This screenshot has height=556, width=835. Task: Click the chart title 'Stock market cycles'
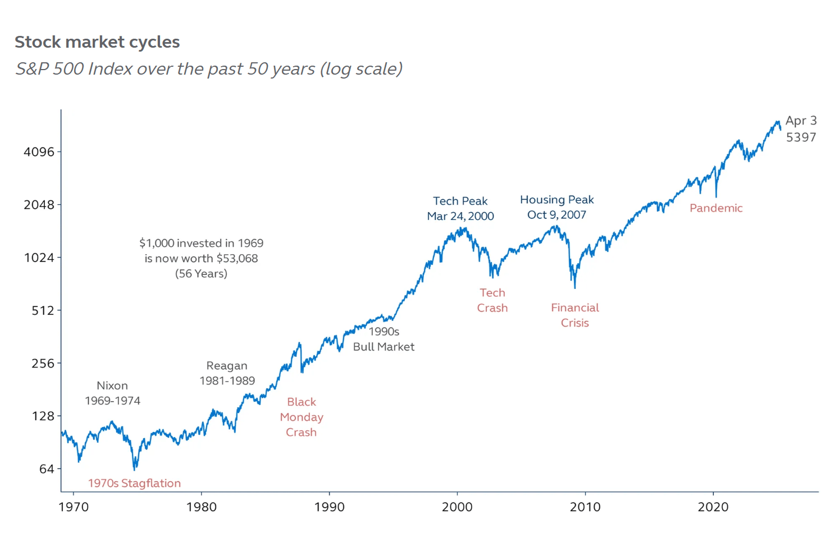coord(97,42)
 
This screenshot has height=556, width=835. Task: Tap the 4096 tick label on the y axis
coord(39,152)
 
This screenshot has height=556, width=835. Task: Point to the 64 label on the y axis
coord(47,469)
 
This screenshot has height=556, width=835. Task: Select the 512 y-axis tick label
coord(43,311)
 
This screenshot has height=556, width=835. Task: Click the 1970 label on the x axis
coord(74,507)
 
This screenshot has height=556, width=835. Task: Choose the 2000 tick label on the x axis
coord(457,507)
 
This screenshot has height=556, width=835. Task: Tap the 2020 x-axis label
coord(713,507)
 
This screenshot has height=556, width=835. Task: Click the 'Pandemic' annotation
coord(716,208)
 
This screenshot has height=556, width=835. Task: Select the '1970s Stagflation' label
coord(134,484)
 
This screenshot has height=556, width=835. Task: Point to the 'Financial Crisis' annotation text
coord(574,315)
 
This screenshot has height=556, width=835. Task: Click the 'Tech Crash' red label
coord(492,300)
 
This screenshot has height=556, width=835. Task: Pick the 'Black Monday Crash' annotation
coord(302,417)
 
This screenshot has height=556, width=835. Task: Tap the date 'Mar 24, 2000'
coord(460,217)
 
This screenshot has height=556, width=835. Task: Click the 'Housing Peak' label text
coord(556,200)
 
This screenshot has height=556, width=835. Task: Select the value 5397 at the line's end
coord(801,137)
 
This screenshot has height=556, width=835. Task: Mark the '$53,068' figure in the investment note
coord(237,259)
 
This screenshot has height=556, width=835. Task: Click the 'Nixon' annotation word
coord(112,386)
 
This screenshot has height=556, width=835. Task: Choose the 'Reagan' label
coord(227,366)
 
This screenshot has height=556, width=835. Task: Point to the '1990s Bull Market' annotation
coord(384,339)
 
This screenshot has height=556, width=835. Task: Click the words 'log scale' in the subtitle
coord(361,69)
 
